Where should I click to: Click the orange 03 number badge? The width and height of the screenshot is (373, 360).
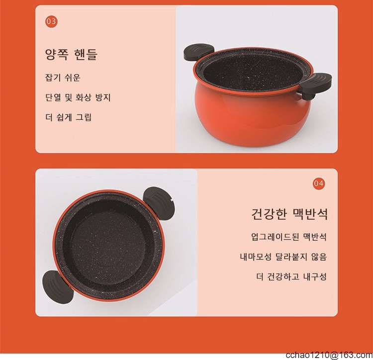pos(51,21)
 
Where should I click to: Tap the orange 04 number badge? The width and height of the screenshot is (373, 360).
pos(319,183)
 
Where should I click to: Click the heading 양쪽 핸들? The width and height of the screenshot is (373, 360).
pos(71,55)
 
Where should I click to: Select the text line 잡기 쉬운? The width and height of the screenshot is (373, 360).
pos(63,78)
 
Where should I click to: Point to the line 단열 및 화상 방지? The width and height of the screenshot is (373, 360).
pos(78,97)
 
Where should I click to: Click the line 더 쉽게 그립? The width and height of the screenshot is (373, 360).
pos(68,117)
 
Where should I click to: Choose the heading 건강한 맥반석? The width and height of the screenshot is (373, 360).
pos(289,214)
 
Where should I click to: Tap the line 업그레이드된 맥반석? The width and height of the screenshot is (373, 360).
pos(289,237)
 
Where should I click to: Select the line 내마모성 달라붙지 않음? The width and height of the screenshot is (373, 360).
pos(283,257)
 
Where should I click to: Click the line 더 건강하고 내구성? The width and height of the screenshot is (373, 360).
pos(291,276)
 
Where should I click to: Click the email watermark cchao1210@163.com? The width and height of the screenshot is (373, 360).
pos(329,355)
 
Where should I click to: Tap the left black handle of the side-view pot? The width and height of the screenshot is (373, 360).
pos(199,51)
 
